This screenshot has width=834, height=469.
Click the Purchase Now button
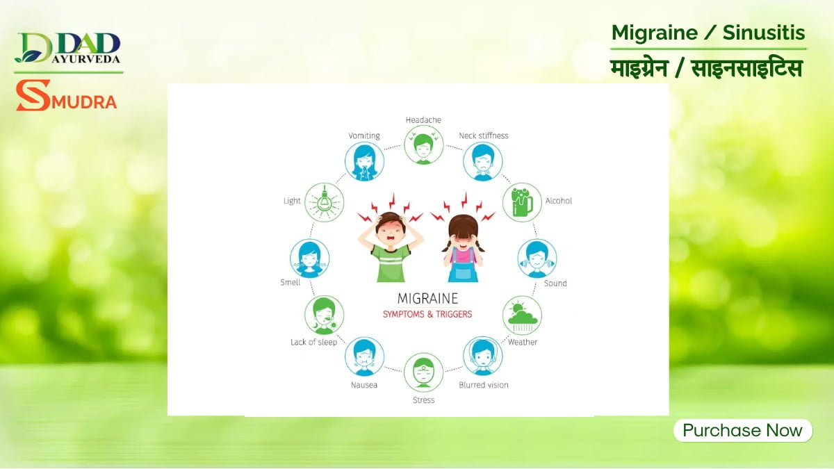pyautogui.click(x=742, y=430)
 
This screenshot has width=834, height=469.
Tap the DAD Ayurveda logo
pyautogui.click(x=68, y=49)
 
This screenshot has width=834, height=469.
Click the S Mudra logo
pyautogui.click(x=67, y=97)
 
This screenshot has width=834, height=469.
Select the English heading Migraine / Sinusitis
pyautogui.click(x=708, y=33)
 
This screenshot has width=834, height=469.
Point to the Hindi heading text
pyautogui.click(x=707, y=69)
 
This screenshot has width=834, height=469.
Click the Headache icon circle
pyautogui.click(x=423, y=145)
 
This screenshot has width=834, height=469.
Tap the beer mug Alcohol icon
pyautogui.click(x=522, y=201)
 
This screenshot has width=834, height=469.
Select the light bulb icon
pyautogui.click(x=325, y=201)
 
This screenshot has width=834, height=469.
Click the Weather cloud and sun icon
pyautogui.click(x=522, y=315)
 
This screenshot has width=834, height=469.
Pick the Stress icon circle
pyautogui.click(x=423, y=372)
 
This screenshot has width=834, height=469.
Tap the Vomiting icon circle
pyautogui.click(x=364, y=161)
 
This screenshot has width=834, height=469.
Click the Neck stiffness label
pyautogui.click(x=484, y=135)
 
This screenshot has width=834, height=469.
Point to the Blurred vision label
pyautogui.click(x=484, y=385)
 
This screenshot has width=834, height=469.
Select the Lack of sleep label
pyautogui.click(x=313, y=342)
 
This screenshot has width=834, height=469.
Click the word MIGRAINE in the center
pyautogui.click(x=427, y=299)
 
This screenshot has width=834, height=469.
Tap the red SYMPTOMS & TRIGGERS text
pyautogui.click(x=427, y=314)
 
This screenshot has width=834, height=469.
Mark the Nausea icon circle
pyautogui.click(x=364, y=356)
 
